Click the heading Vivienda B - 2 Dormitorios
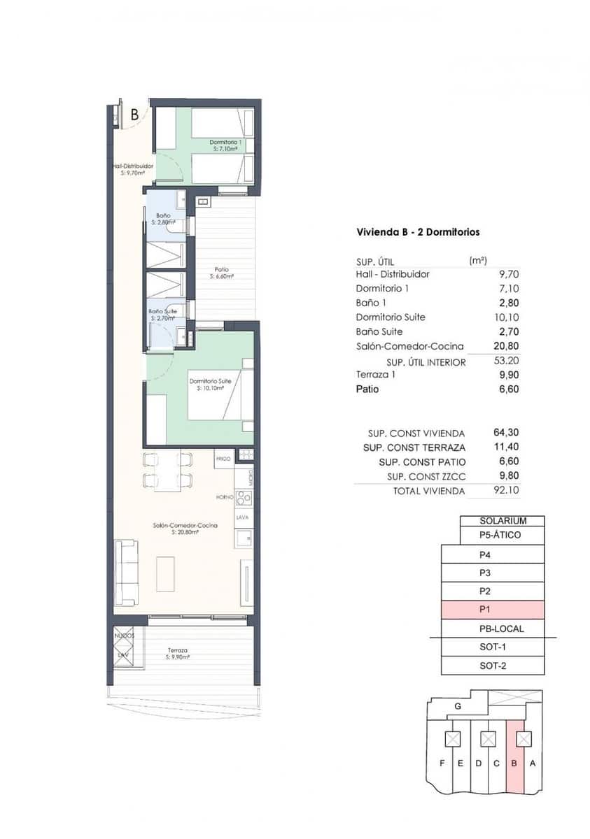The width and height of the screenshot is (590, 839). coord(418,232)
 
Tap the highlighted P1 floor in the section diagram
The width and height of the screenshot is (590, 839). coord(492,610)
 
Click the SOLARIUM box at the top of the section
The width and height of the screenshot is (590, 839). coord(502,521)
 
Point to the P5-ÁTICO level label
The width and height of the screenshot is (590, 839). coord(502,536)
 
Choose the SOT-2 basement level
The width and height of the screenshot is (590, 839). coord(492,666)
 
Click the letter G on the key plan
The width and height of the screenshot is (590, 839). coord(457,706)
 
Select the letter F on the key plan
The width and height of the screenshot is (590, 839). coord(442,763)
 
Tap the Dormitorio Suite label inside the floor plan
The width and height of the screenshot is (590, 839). coord(209,381)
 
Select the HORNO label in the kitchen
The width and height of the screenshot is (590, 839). coord(224,497)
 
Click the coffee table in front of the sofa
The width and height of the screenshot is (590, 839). coord(165,573)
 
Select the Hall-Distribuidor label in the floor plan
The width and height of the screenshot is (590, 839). coord(132,168)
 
